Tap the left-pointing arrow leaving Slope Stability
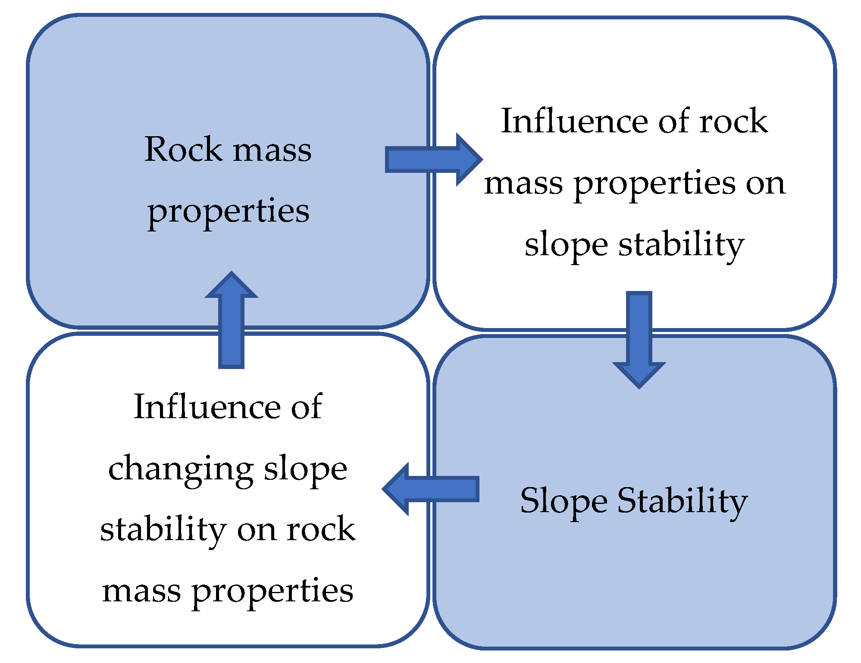pyautogui.click(x=431, y=489)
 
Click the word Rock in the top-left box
pyautogui.click(x=183, y=150)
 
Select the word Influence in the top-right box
pyautogui.click(x=573, y=122)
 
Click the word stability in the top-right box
pyautogui.click(x=681, y=244)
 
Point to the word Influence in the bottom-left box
pyautogui.click(x=206, y=407)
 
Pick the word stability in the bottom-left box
pyautogui.click(x=163, y=530)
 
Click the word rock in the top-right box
pyautogui.click(x=733, y=122)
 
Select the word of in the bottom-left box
pyautogui.click(x=306, y=407)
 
